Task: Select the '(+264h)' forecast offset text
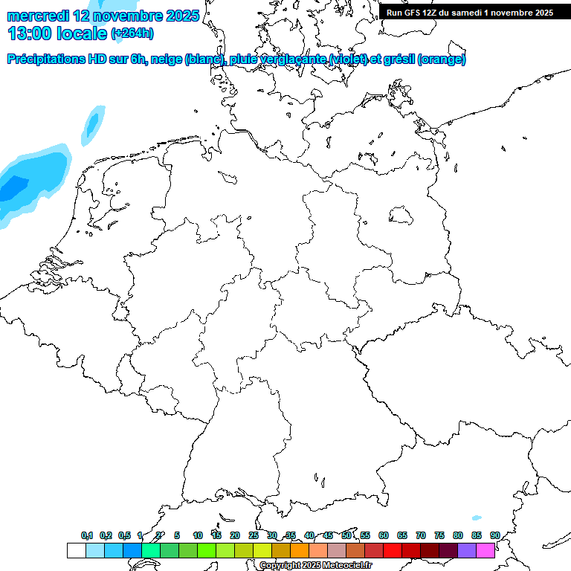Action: pos(132,33)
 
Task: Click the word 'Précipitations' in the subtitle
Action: pos(45,59)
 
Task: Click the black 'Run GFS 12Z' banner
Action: pos(470,13)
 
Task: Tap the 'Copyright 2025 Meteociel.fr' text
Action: pos(315,566)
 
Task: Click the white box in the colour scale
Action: pos(76,551)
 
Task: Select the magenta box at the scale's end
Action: pos(485,551)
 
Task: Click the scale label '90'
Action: pos(494,535)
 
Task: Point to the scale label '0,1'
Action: pos(87,535)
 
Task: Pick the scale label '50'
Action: pos(346,535)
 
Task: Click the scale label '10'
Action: pos(198,535)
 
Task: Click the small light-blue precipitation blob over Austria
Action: pos(477,518)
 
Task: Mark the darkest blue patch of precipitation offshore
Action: pos(12,189)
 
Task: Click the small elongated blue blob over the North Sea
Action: pos(93,123)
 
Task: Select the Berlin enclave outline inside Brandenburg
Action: pos(401,216)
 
